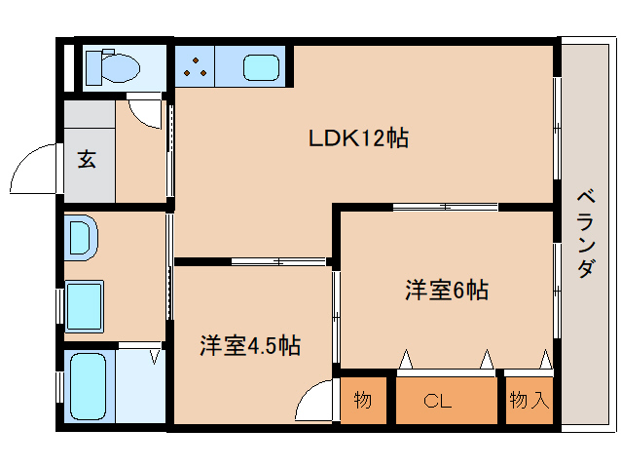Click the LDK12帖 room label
[358, 138]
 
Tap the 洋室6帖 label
[446, 290]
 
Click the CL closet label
[438, 400]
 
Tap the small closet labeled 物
[362, 400]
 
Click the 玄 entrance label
[88, 160]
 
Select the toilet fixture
[113, 67]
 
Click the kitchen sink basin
[261, 68]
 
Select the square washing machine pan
[85, 305]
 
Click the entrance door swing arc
[35, 171]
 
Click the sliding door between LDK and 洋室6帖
[445, 207]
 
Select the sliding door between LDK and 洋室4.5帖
[277, 261]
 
